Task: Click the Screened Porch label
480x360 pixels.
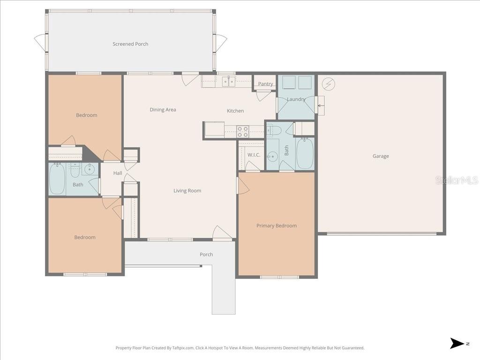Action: (x=130, y=44)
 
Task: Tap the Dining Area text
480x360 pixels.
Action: (x=163, y=110)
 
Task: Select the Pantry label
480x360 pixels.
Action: (x=265, y=84)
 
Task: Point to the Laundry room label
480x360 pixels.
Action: (x=296, y=99)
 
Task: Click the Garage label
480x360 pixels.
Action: (x=381, y=156)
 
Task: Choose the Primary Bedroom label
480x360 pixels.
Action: (x=276, y=225)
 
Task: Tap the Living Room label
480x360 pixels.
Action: (x=187, y=190)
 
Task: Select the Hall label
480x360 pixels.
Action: (x=117, y=173)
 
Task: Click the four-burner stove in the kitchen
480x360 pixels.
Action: (x=242, y=131)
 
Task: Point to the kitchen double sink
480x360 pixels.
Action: (x=229, y=82)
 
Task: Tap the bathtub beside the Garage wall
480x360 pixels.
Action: (x=305, y=153)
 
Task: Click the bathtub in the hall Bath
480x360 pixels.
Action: (x=58, y=179)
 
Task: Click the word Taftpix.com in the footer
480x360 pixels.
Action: (x=182, y=348)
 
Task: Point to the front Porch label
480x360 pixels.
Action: (x=206, y=255)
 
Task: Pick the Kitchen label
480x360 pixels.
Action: (x=235, y=111)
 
